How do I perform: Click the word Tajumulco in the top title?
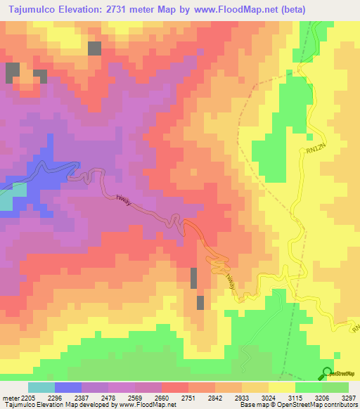pyautogui.click(x=28, y=9)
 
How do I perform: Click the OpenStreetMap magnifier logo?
pyautogui.click(x=326, y=373)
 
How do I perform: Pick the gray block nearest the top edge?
pyautogui.click(x=94, y=48)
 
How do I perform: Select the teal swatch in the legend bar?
pyautogui.click(x=41, y=387)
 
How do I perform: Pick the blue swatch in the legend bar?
pyautogui.click(x=68, y=387)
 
